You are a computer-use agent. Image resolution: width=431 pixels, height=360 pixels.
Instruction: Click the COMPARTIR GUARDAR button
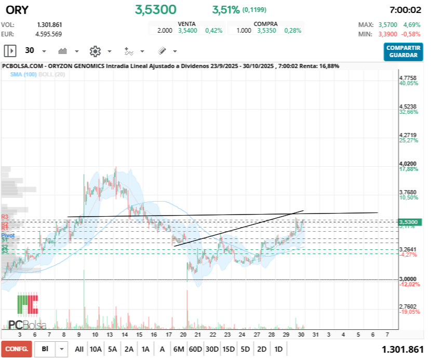click(x=403, y=51)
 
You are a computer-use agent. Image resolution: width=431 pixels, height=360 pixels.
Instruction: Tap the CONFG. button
click(x=16, y=349)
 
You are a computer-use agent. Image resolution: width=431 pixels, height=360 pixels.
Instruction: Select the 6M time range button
click(x=179, y=349)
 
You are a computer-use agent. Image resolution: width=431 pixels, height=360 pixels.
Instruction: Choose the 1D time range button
click(x=278, y=349)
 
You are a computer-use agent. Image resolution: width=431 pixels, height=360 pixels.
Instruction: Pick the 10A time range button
click(x=96, y=349)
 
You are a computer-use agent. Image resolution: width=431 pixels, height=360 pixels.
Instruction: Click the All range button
click(x=79, y=349)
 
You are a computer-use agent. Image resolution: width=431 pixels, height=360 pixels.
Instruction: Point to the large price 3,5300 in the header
click(x=155, y=10)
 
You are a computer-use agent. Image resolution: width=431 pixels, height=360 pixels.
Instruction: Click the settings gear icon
click(x=95, y=51)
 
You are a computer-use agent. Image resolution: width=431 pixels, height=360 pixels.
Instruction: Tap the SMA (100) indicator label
click(x=22, y=74)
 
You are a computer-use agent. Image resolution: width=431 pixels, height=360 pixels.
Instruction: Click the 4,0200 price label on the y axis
click(x=408, y=163)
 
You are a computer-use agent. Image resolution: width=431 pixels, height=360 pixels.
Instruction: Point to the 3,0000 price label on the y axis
click(x=408, y=279)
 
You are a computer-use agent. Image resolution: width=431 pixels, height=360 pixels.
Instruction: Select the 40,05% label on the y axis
click(x=408, y=83)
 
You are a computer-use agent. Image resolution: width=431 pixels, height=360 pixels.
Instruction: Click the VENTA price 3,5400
click(x=187, y=31)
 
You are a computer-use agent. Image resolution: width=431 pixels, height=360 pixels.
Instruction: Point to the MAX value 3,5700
click(x=387, y=24)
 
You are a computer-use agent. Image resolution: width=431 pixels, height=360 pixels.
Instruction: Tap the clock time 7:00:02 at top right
click(x=405, y=10)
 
